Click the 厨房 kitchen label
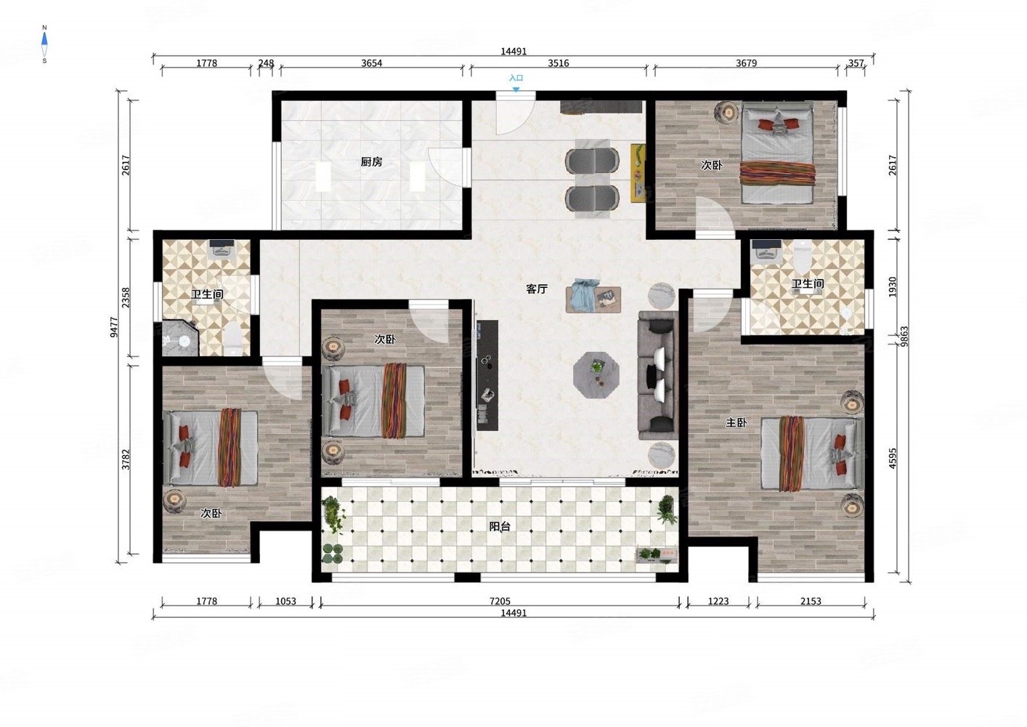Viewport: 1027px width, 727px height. (x=371, y=162)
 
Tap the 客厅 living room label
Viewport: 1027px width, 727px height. (x=537, y=289)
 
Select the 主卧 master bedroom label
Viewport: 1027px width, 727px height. (x=736, y=422)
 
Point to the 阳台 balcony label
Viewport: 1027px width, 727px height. (x=499, y=527)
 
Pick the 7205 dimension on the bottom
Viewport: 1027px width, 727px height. (x=500, y=601)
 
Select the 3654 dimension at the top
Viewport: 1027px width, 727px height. (x=371, y=63)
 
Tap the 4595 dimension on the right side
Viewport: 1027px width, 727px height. (x=892, y=459)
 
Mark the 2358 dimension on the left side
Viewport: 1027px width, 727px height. (x=126, y=297)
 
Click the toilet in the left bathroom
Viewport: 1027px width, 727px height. (x=234, y=339)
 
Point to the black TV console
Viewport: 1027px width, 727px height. (x=487, y=375)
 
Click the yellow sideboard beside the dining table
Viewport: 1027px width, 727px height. (x=638, y=173)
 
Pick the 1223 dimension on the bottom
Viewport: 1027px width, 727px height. (x=718, y=601)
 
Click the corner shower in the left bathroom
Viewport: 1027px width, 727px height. (x=180, y=338)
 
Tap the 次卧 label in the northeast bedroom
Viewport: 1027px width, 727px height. (x=712, y=165)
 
